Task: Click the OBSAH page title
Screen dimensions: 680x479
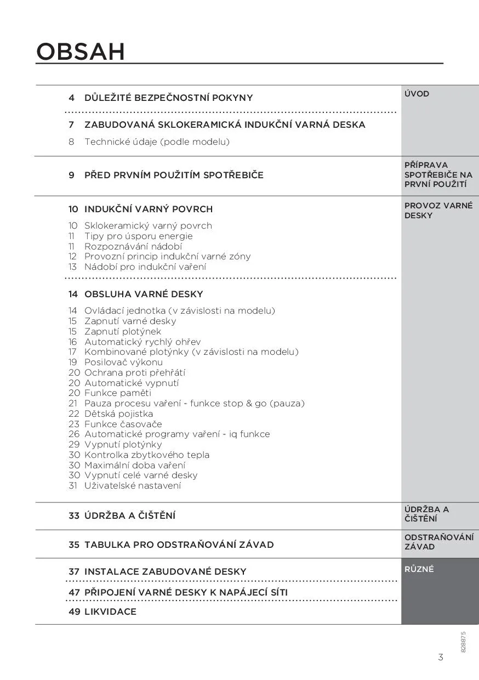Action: pos(81,52)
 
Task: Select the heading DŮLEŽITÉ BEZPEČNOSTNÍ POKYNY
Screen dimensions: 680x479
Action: pos(168,98)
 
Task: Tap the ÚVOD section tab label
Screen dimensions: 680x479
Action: pos(417,94)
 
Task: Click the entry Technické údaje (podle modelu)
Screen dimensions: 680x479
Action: pos(157,141)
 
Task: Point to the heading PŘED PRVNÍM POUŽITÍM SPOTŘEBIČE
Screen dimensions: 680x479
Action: pos(174,175)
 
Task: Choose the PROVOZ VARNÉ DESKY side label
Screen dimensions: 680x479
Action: pos(438,211)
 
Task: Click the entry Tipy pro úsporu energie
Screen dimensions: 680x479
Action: pos(138,236)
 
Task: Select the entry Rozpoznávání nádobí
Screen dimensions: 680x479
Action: pos(133,246)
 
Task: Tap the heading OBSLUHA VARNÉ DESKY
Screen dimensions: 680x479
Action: pos(144,294)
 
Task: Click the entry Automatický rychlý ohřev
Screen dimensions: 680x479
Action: pos(142,342)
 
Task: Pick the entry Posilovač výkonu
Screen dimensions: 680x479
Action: pos(123,362)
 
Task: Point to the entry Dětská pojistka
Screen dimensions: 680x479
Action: pos(118,413)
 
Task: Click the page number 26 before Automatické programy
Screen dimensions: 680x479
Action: pos(74,434)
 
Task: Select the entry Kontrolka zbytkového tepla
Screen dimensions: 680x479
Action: pos(146,455)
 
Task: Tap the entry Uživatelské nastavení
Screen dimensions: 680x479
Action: pos(133,485)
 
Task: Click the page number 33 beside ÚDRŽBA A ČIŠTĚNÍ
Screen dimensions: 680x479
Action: pos(74,515)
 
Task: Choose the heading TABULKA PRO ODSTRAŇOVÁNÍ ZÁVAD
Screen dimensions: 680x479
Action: pos(179,545)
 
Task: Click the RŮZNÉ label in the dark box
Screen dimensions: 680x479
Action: pos(419,569)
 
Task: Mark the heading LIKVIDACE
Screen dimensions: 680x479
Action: pos(110,611)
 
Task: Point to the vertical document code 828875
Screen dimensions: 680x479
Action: pos(463,642)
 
